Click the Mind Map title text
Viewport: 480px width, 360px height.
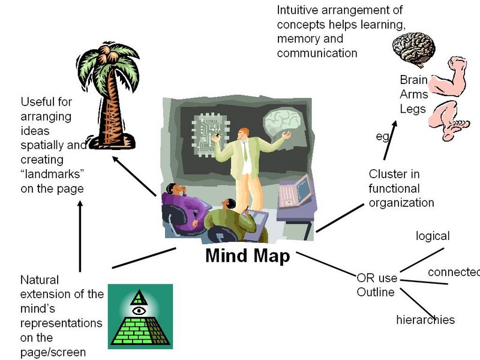247,256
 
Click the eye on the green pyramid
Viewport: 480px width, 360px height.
139,311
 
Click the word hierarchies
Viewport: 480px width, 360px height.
425,319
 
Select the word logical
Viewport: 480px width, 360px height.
433,236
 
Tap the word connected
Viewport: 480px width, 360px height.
454,272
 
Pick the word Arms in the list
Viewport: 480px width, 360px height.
414,94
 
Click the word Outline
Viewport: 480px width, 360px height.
376,292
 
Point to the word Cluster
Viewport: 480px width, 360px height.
387,174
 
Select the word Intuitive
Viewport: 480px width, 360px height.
298,10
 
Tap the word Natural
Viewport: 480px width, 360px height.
41,280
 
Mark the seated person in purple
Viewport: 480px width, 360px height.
186,204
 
